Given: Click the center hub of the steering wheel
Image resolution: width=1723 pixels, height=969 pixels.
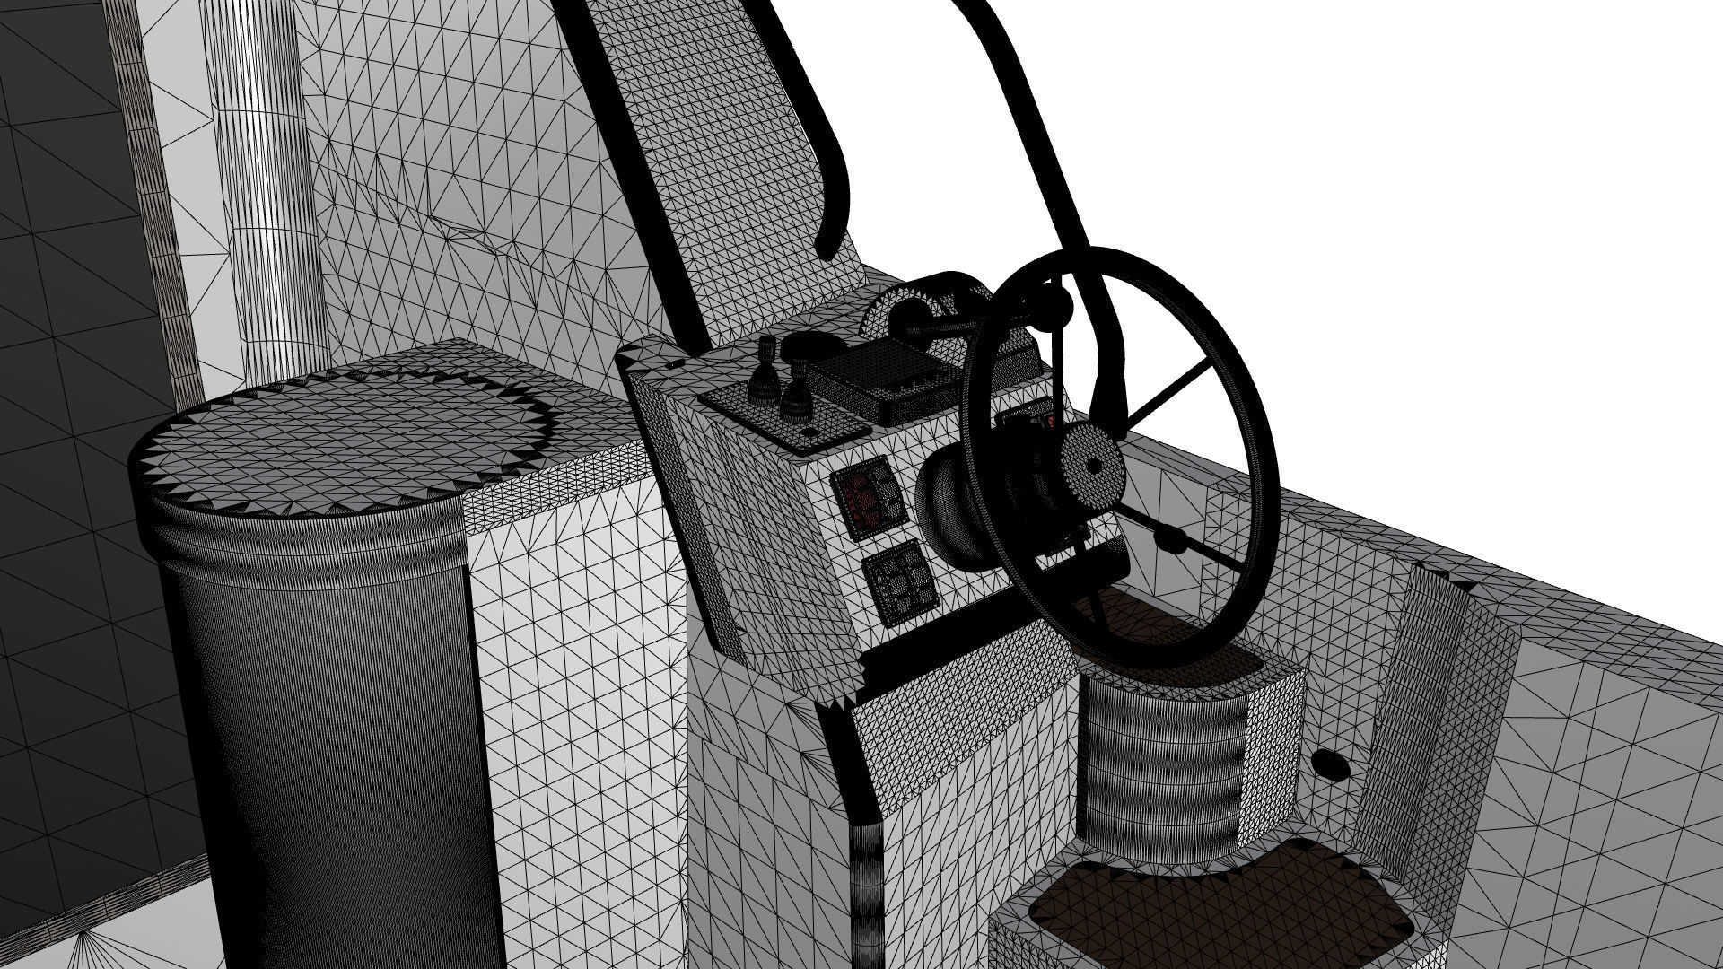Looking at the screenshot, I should click(x=1093, y=465).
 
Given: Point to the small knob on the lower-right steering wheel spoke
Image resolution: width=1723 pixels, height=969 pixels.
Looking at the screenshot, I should click(x=1171, y=538).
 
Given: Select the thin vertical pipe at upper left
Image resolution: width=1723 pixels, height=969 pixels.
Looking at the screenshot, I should click(x=269, y=179).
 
